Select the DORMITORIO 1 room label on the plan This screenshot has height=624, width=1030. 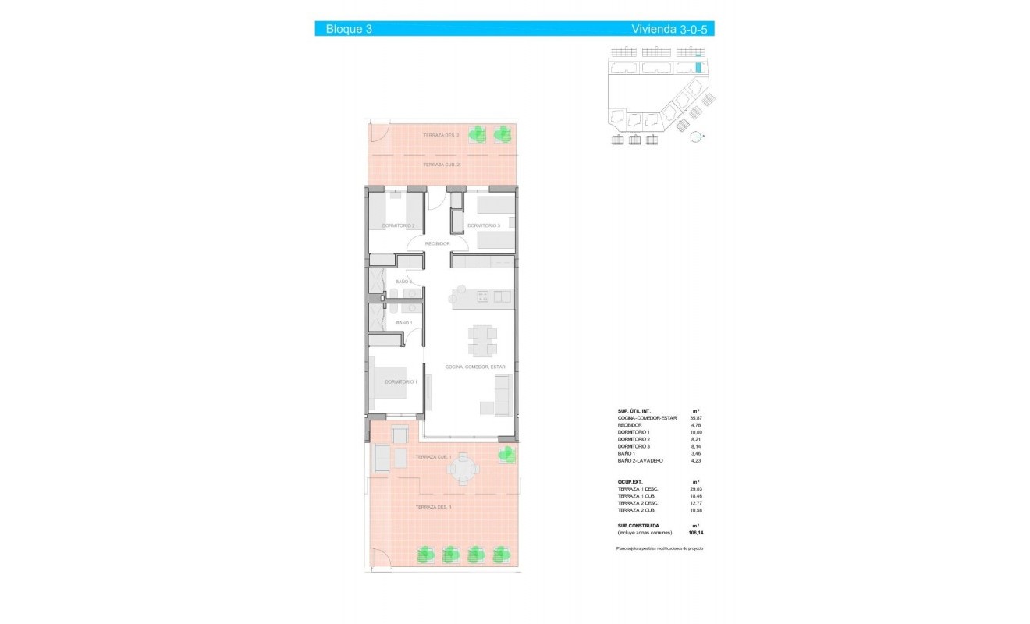tap(401, 381)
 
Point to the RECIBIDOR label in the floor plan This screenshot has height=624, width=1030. tap(437, 244)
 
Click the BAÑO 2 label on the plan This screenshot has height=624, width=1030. tap(403, 282)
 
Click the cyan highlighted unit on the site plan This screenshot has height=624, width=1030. tap(698, 68)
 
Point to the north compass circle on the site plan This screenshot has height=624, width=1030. tap(696, 137)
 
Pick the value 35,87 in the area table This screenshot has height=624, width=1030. tap(695, 418)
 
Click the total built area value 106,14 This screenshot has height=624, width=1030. tap(695, 533)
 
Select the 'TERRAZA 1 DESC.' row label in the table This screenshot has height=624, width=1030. tap(638, 488)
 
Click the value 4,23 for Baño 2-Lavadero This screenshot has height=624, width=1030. tap(695, 461)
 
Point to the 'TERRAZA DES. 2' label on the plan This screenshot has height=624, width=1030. tap(441, 136)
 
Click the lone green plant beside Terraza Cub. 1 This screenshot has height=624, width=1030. tap(507, 453)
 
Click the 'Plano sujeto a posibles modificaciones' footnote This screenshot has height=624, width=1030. tap(659, 549)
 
